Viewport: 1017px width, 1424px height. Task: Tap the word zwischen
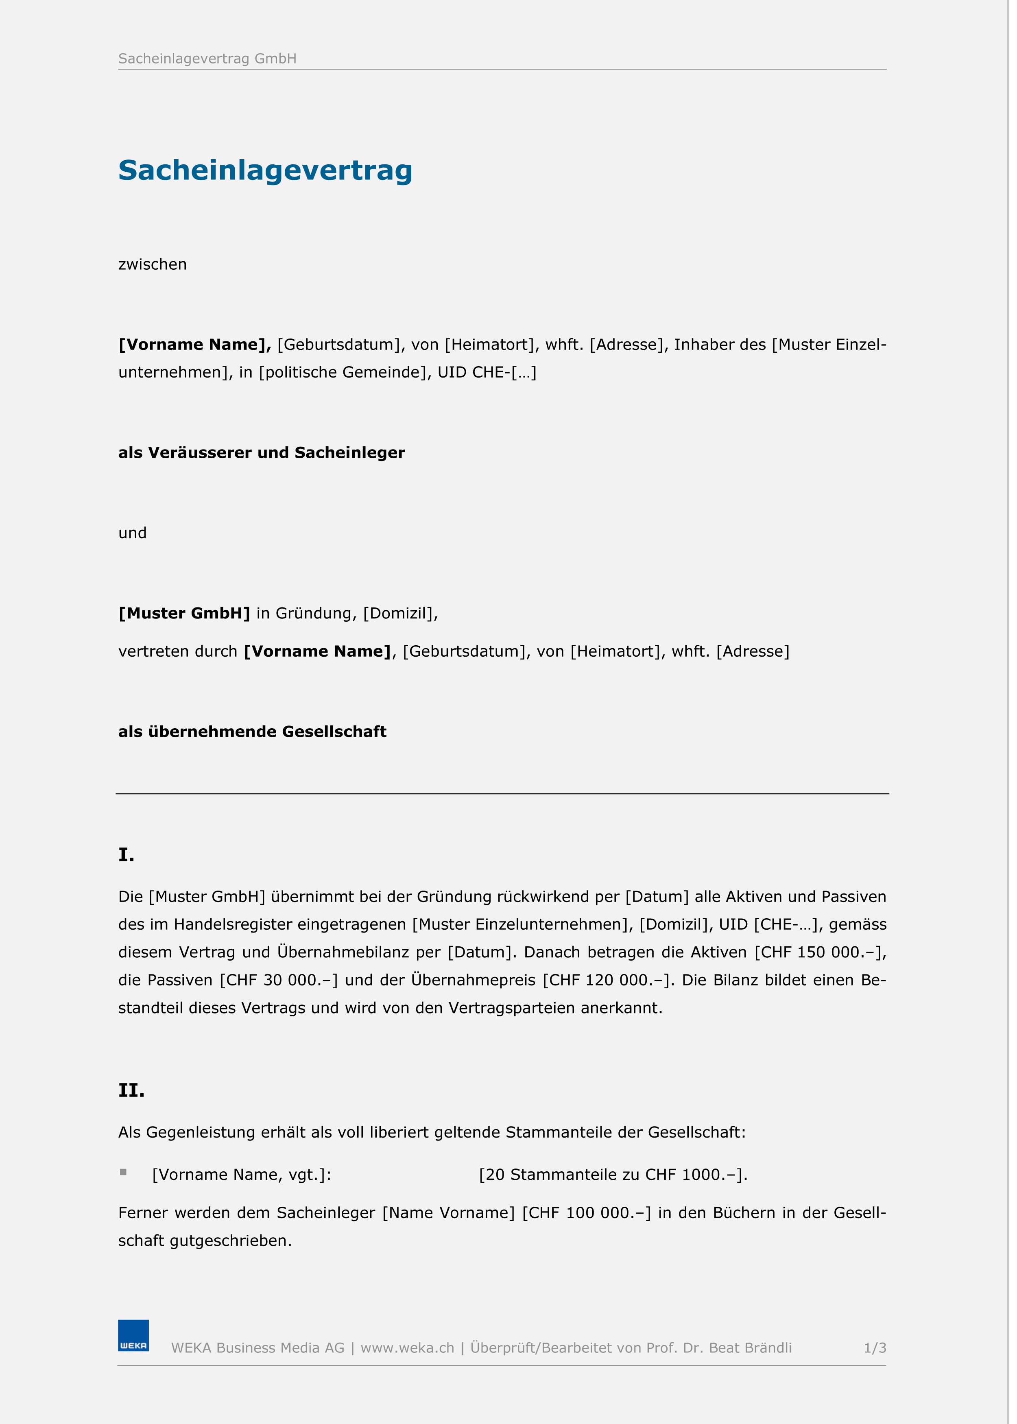coord(152,264)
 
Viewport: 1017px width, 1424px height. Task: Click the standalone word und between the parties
coord(132,533)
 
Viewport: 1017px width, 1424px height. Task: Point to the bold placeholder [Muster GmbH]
coord(184,613)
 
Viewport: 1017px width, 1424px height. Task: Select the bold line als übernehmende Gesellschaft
coord(252,732)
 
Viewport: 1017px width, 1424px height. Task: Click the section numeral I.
coord(126,855)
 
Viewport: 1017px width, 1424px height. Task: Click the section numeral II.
coord(131,1090)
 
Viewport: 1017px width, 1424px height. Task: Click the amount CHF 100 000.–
coord(586,1212)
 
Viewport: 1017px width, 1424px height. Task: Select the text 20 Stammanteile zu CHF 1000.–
coord(613,1174)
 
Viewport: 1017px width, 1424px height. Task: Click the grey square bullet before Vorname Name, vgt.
coord(123,1172)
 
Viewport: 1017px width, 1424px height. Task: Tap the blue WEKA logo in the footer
coord(133,1336)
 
